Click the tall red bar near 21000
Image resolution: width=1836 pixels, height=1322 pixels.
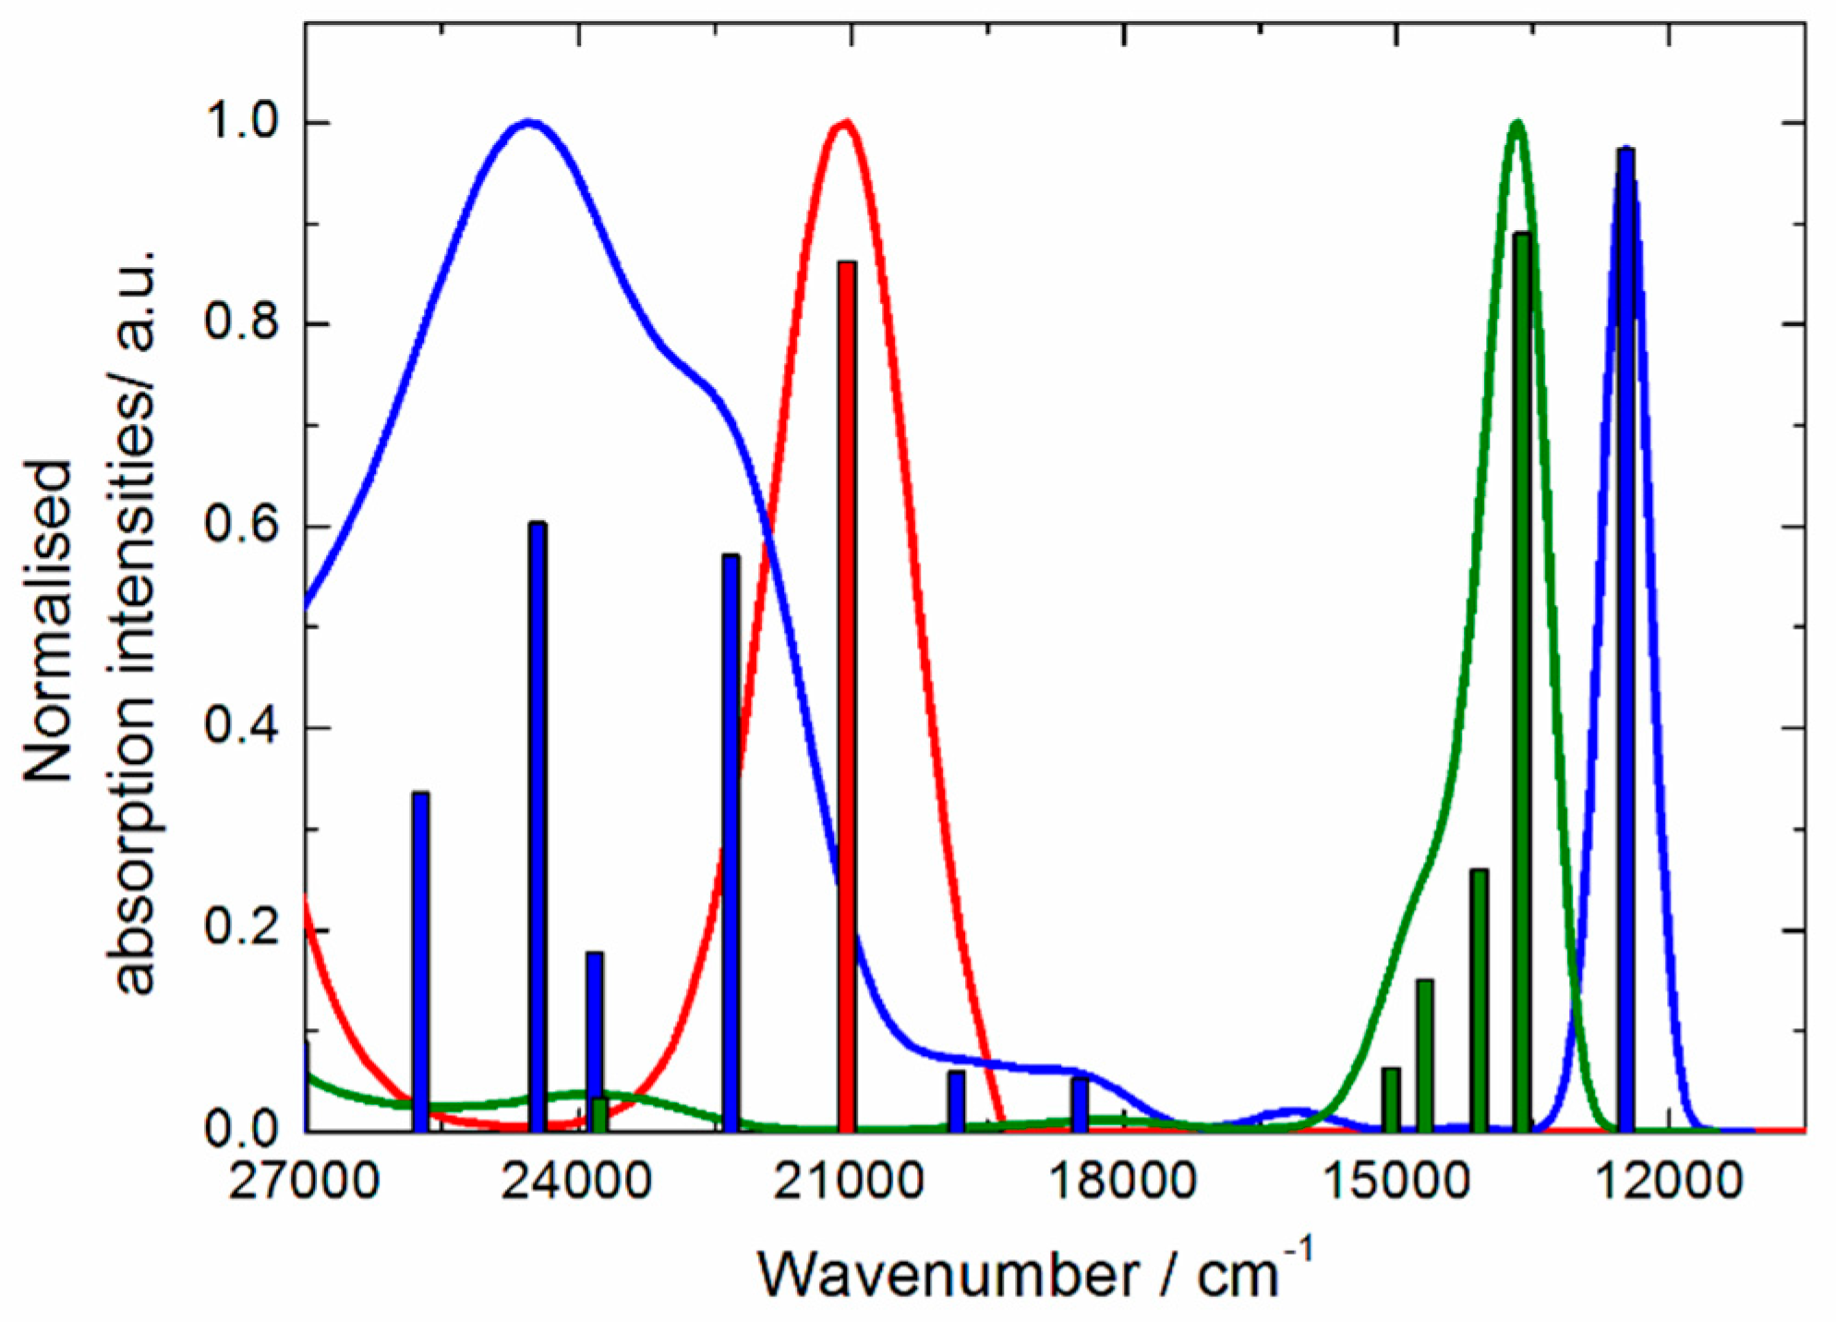847,693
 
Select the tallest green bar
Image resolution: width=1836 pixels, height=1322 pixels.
1522,684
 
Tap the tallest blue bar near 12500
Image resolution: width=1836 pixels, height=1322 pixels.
1625,637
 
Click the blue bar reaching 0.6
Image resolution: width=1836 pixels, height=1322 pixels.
538,822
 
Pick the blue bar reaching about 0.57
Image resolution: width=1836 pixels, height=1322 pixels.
731,841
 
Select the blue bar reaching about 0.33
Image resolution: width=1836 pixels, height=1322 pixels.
420,961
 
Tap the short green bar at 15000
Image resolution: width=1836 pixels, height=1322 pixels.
1391,1099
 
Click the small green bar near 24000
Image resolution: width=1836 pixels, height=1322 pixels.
599,1115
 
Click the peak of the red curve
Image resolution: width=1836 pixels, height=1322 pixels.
844,123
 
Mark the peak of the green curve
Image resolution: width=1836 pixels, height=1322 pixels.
1516,123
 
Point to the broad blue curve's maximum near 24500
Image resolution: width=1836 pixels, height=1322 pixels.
528,122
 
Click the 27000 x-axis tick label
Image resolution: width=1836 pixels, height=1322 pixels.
304,1180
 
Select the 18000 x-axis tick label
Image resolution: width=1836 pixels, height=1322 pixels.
1123,1180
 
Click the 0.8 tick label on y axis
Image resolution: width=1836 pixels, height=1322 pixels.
246,324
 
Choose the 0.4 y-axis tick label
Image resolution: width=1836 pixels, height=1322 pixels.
246,728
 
